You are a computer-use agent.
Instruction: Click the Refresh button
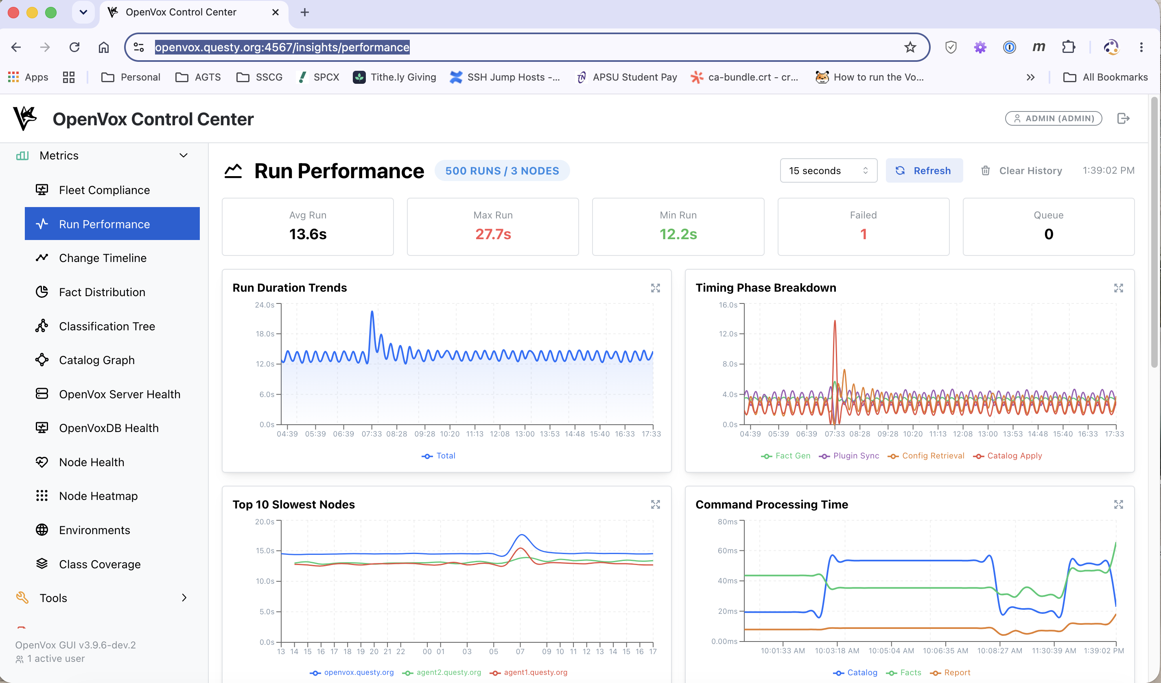click(924, 171)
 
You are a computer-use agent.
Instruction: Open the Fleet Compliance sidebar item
click(104, 190)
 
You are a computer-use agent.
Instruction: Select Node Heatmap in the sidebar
click(98, 496)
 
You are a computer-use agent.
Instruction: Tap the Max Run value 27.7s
click(493, 234)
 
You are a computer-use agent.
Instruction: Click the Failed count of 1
click(864, 234)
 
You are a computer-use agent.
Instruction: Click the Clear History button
click(1021, 171)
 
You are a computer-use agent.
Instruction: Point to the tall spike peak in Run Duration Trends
click(372, 312)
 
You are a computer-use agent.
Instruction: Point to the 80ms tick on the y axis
click(728, 522)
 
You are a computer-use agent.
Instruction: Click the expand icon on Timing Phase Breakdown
click(1118, 288)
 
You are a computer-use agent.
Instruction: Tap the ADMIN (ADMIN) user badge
click(1053, 118)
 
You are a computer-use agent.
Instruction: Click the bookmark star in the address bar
click(910, 47)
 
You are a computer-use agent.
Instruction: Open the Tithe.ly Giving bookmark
click(394, 77)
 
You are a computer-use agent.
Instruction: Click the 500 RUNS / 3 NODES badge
click(502, 171)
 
